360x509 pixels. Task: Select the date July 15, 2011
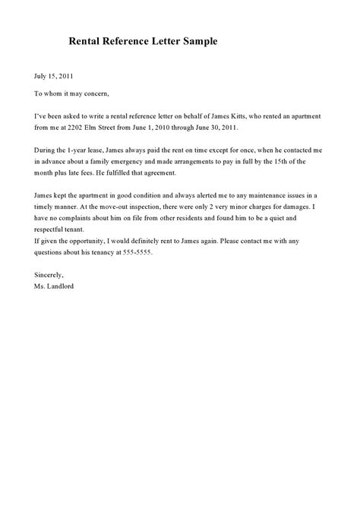point(53,76)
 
